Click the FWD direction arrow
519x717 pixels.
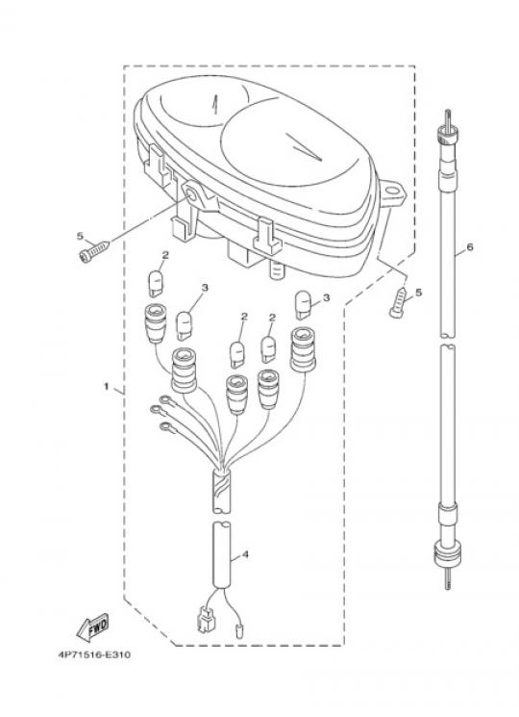(x=92, y=627)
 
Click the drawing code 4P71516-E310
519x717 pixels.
(x=94, y=654)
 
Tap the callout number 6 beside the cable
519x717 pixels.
(x=470, y=247)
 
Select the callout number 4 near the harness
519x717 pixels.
(x=245, y=555)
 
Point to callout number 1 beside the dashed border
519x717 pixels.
(x=107, y=387)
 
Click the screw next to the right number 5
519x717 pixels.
(x=398, y=302)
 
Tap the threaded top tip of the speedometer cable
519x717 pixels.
(x=447, y=118)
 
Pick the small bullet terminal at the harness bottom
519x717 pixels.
(x=238, y=631)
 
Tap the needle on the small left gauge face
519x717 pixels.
(x=213, y=105)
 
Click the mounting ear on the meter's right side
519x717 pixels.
(x=393, y=193)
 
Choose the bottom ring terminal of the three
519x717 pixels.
(x=167, y=428)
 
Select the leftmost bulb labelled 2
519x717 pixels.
(x=156, y=284)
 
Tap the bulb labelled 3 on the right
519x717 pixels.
(x=303, y=304)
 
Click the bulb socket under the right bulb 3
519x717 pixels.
(x=303, y=349)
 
